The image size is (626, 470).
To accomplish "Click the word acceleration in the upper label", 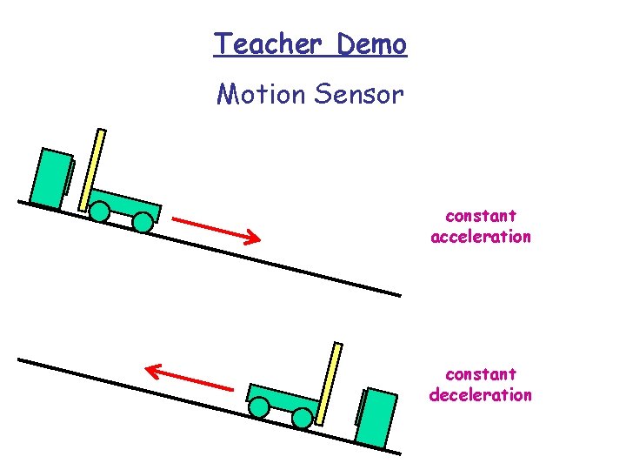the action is pos(480,237).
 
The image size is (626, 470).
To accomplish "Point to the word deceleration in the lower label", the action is pos(480,395).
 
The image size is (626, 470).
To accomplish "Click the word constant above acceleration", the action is pos(480,215).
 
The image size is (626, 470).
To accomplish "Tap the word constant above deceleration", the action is pos(480,374).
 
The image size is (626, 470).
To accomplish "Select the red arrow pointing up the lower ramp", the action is pos(190,379).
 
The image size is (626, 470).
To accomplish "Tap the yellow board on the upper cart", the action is pos(92,170).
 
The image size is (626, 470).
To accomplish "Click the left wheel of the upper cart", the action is pos(100,211).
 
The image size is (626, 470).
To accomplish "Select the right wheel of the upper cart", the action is pos(142,223).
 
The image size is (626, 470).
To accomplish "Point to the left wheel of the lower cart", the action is pos(259,406).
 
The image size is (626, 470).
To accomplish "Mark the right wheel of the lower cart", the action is pos(302,419).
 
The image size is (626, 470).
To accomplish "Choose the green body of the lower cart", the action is pos(283,399).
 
